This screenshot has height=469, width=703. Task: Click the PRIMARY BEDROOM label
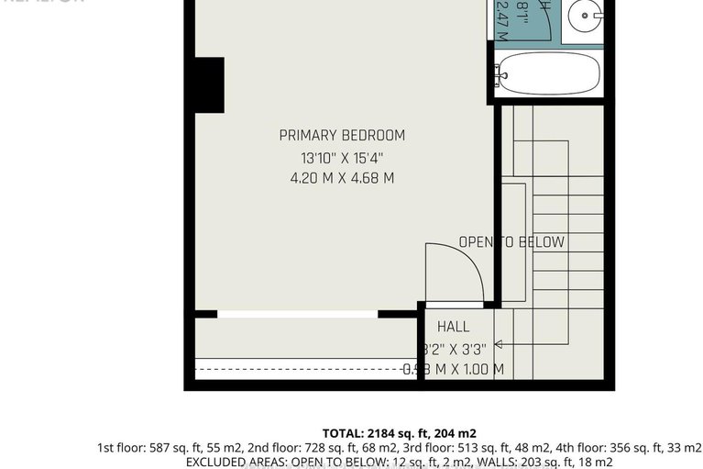[342, 135]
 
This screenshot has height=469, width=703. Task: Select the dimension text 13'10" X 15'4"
[342, 157]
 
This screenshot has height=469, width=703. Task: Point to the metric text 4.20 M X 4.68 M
[342, 178]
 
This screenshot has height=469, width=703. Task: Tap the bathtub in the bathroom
[547, 73]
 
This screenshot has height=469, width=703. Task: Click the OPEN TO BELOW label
[511, 242]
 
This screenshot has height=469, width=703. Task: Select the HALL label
[453, 326]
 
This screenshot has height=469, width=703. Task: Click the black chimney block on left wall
[209, 84]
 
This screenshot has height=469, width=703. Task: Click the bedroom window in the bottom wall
[297, 314]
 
